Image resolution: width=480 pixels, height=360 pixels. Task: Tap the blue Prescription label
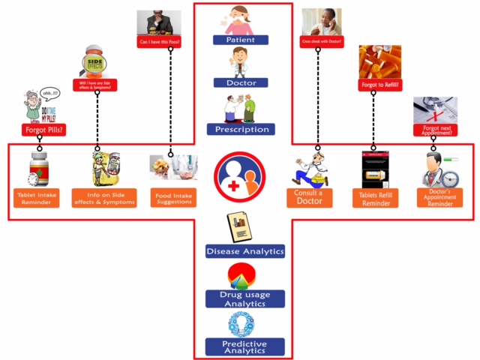(x=241, y=129)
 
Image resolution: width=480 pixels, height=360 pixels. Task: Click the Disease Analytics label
(x=244, y=251)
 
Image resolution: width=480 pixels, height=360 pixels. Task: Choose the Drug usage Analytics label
(x=244, y=298)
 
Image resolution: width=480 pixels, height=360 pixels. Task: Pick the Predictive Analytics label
(x=244, y=346)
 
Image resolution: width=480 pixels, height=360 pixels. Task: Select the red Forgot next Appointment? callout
(x=435, y=129)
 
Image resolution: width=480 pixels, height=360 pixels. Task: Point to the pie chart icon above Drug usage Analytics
(x=241, y=275)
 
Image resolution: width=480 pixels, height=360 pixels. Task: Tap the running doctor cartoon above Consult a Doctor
(x=311, y=171)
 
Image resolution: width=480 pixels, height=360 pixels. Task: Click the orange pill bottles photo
(x=379, y=62)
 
